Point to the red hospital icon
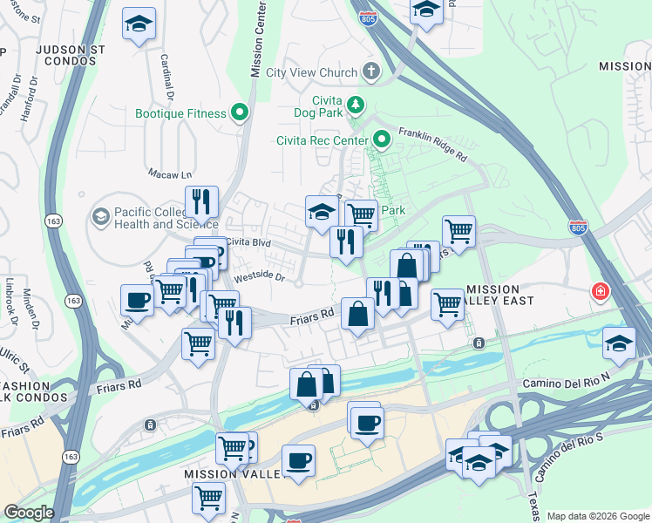[x=601, y=291]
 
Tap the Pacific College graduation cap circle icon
[x=101, y=215]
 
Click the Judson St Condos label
[x=71, y=56]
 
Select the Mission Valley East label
[x=506, y=295]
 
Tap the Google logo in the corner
[x=29, y=513]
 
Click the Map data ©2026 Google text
[x=597, y=516]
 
